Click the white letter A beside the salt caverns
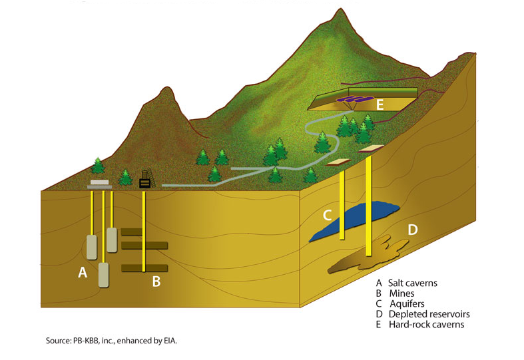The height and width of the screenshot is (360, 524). click(83, 273)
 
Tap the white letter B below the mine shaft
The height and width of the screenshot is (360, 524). click(156, 281)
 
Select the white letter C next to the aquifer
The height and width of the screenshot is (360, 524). click(328, 216)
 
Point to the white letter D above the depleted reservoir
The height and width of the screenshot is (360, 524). click(413, 230)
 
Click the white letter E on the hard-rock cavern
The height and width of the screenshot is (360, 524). click(380, 105)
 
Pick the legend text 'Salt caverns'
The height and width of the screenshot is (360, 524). click(412, 283)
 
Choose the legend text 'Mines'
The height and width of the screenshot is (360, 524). click(401, 293)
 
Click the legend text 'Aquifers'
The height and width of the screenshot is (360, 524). click(407, 304)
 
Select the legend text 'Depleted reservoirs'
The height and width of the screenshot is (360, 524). click(429, 314)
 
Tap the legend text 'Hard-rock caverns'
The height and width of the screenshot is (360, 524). click(426, 325)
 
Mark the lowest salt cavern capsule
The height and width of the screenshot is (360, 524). click(104, 275)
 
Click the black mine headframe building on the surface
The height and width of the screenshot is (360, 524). click(144, 183)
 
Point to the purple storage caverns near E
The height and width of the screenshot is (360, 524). click(355, 99)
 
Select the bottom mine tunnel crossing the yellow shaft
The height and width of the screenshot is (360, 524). click(144, 268)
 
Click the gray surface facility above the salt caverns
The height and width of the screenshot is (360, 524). click(100, 184)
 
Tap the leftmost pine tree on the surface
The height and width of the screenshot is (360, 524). click(98, 165)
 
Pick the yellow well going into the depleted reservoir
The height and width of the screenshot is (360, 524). click(369, 206)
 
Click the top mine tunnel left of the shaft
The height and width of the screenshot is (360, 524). click(131, 232)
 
